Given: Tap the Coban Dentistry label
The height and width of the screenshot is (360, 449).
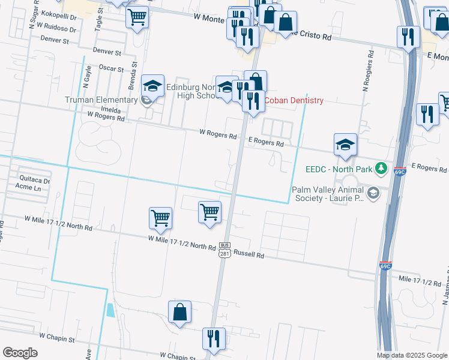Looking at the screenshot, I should pyautogui.click(x=294, y=101).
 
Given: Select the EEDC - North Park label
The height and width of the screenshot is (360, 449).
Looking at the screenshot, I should pyautogui.click(x=339, y=169).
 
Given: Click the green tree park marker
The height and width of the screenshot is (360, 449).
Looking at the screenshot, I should pyautogui.click(x=380, y=167).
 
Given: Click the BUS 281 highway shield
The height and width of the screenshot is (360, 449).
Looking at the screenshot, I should pyautogui.click(x=224, y=250).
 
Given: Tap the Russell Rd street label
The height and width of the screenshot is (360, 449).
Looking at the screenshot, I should pyautogui.click(x=249, y=254).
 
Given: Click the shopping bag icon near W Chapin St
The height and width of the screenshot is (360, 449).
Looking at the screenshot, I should pyautogui.click(x=179, y=313).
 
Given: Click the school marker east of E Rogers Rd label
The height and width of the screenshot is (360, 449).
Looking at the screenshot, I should pyautogui.click(x=345, y=145).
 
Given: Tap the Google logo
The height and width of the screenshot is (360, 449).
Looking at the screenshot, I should pyautogui.click(x=20, y=353).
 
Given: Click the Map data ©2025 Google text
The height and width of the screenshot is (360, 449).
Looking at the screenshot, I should pyautogui.click(x=411, y=355).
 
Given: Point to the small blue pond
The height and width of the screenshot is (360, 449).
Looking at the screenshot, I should pyautogui.click(x=109, y=310).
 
